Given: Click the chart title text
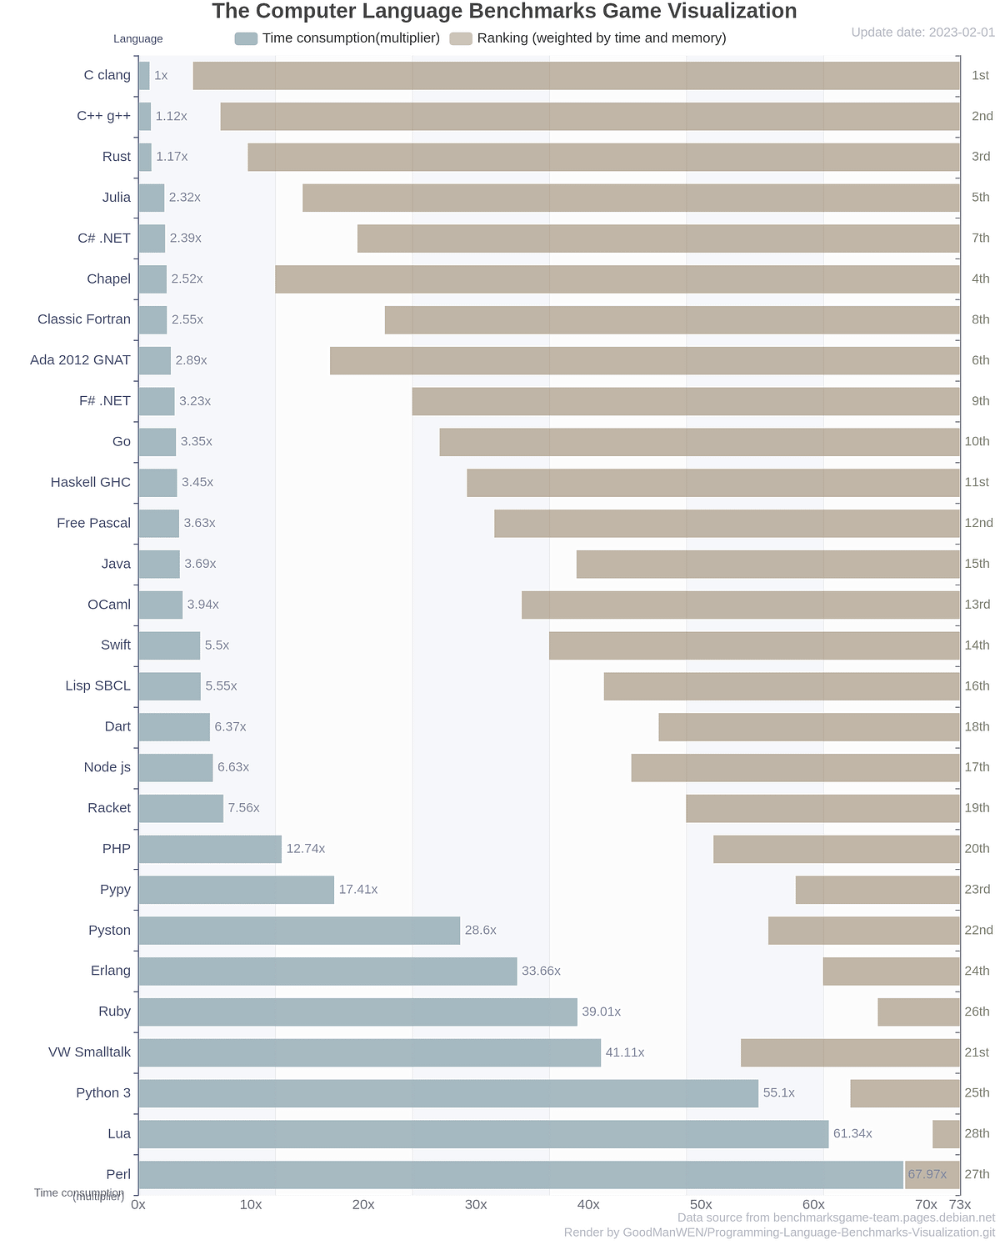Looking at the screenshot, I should click(x=504, y=12).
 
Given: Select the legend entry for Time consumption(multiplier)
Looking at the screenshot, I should click(x=337, y=38).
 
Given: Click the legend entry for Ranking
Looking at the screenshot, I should click(x=587, y=38).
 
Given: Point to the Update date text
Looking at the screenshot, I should click(x=922, y=33).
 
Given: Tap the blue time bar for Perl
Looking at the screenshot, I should click(x=521, y=1175).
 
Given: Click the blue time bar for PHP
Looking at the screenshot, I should click(x=210, y=849).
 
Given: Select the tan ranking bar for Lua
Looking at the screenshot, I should click(x=946, y=1134).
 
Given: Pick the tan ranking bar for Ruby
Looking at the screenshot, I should click(x=918, y=1012).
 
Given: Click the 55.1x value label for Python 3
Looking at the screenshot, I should click(x=778, y=1093).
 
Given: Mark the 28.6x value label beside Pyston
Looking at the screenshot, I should click(x=480, y=931).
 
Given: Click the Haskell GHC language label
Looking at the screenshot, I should click(x=91, y=483).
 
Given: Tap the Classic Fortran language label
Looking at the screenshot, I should click(x=84, y=319).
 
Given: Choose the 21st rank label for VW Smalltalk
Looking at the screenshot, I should click(x=977, y=1053).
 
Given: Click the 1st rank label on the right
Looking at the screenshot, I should click(x=980, y=76).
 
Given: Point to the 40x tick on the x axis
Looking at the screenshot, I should click(x=588, y=1205).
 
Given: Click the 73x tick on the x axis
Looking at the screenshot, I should click(x=960, y=1205).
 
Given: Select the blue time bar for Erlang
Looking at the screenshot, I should click(x=327, y=971).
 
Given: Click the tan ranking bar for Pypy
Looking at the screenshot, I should click(x=877, y=890).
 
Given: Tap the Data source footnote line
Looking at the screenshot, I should click(x=836, y=1217).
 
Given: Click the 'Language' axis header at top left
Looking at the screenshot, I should click(x=138, y=39).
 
